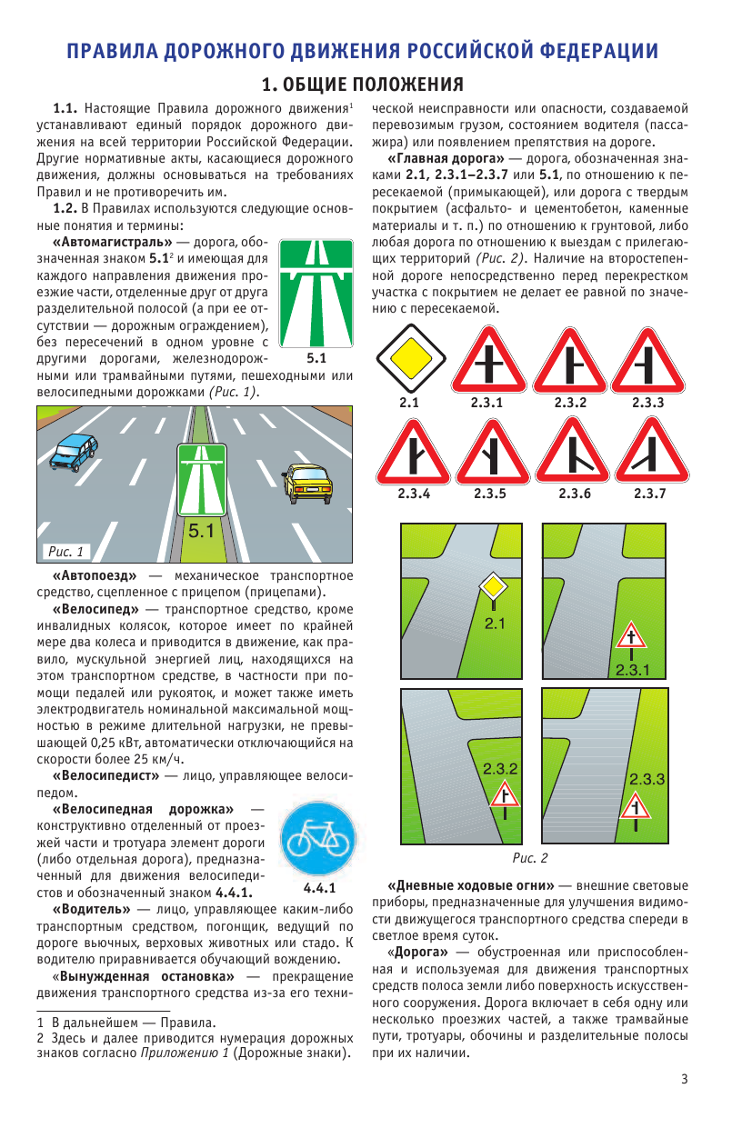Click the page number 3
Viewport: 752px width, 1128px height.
click(x=684, y=1079)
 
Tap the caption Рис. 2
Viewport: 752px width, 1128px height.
click(x=530, y=857)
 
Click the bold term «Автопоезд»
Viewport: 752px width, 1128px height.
click(x=95, y=576)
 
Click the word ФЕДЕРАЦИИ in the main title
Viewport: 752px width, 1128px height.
click(x=580, y=51)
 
